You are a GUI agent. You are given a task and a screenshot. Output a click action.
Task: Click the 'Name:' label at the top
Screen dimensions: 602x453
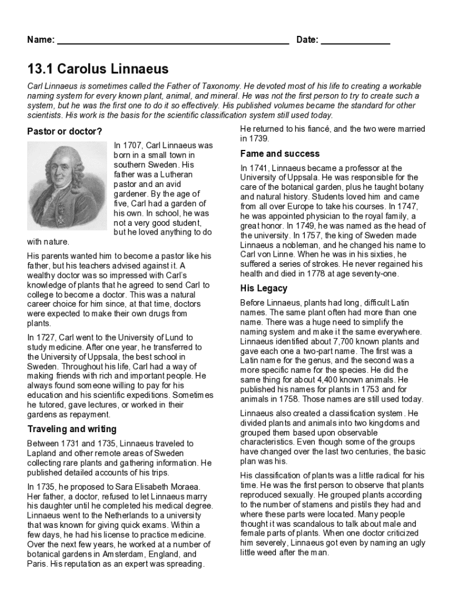(x=41, y=40)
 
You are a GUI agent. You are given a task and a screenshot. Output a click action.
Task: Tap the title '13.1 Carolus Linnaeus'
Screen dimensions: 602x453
(x=98, y=69)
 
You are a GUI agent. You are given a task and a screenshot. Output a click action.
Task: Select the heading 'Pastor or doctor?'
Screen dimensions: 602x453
(x=65, y=131)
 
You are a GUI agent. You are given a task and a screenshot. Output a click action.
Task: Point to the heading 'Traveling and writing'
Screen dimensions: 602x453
(x=72, y=429)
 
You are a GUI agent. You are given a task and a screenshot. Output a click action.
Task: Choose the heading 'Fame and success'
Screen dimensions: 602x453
(x=280, y=153)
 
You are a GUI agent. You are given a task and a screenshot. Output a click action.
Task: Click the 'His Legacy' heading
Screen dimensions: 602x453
(x=264, y=288)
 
